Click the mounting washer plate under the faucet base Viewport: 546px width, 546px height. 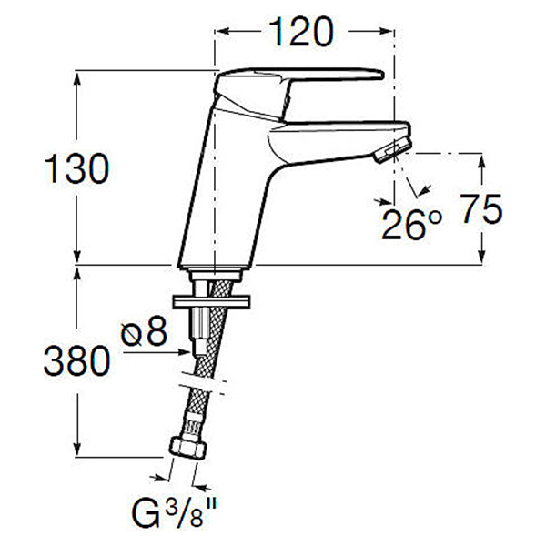click(x=210, y=301)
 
